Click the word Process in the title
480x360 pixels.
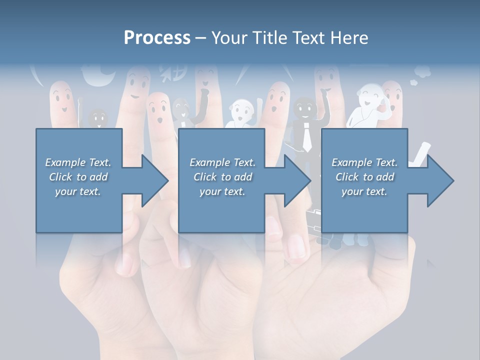click(157, 37)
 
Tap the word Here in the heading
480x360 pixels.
click(348, 37)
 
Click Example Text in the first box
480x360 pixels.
click(78, 162)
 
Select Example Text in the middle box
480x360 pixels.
click(222, 162)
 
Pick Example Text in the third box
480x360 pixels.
click(364, 162)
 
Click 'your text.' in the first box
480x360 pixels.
click(78, 191)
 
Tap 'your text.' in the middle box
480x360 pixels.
click(222, 191)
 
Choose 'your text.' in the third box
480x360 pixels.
click(364, 191)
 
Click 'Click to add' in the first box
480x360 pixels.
click(78, 177)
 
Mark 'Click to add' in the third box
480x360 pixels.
click(364, 177)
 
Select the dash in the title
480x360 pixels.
click(200, 38)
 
